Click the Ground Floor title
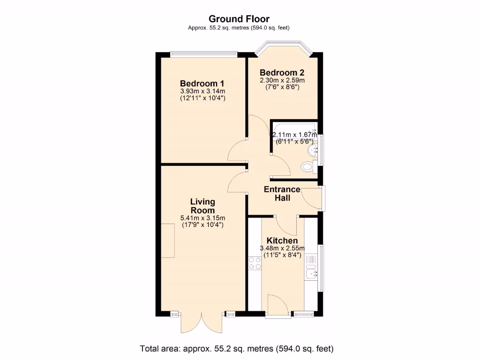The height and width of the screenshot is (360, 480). click(x=239, y=19)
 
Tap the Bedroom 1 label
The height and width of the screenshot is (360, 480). click(x=202, y=83)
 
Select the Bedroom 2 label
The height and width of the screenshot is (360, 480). click(x=282, y=73)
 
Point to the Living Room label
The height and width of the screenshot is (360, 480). click(x=202, y=206)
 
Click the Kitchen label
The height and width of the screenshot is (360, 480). click(x=282, y=240)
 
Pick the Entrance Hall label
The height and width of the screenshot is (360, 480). click(x=282, y=194)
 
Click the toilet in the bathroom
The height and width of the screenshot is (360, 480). click(x=307, y=166)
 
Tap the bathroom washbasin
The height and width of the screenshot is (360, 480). click(x=312, y=150)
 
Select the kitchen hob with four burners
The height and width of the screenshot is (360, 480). click(x=255, y=263)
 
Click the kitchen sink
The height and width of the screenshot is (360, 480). click(x=311, y=272)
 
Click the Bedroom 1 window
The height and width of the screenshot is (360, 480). click(x=203, y=53)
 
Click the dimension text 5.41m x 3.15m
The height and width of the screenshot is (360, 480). click(x=202, y=218)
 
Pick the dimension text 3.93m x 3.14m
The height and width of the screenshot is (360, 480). click(x=202, y=91)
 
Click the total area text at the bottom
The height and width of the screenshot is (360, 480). click(x=237, y=349)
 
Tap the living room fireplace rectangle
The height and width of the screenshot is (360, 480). click(x=168, y=240)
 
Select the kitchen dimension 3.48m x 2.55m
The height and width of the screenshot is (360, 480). click(x=282, y=248)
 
